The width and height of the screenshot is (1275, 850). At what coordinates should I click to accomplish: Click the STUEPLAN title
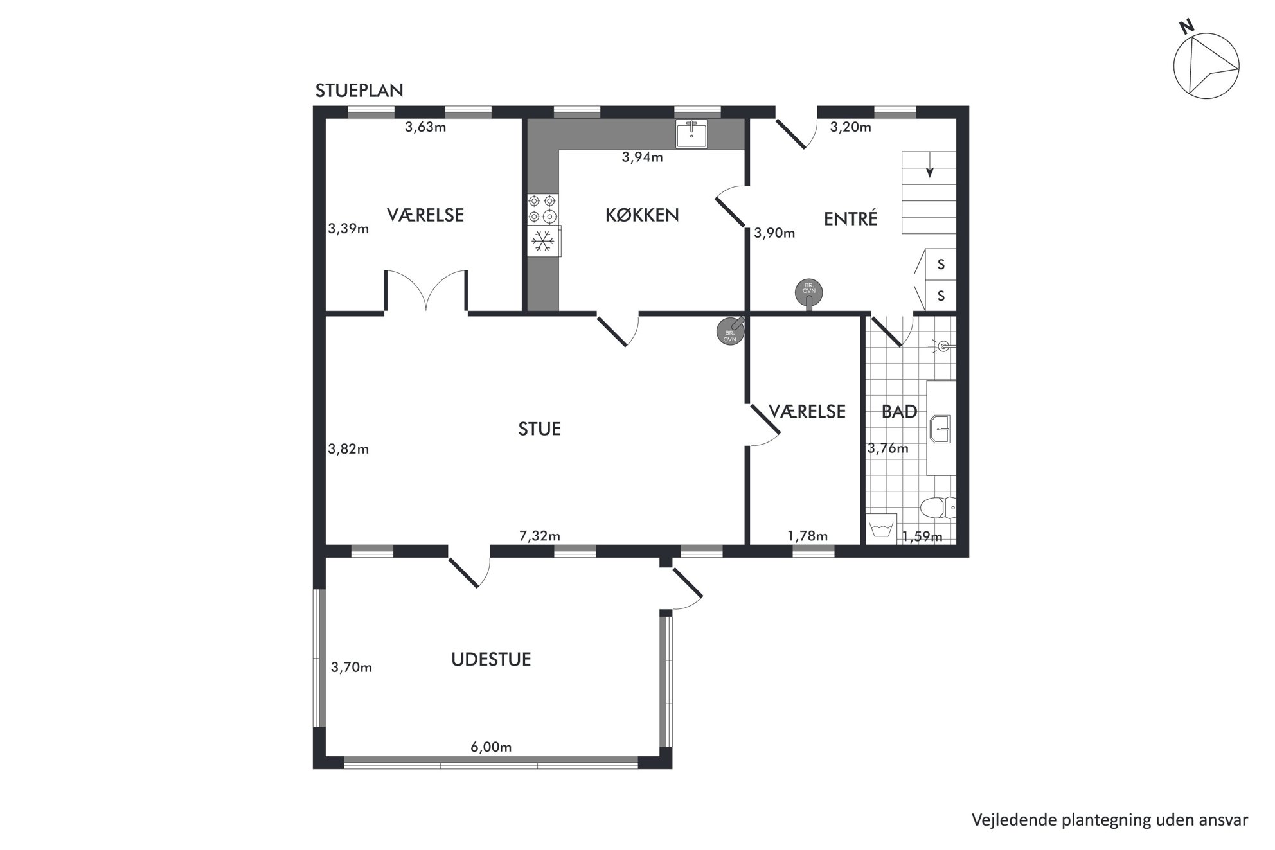click(359, 91)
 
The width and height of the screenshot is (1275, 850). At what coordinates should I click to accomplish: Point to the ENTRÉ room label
click(850, 218)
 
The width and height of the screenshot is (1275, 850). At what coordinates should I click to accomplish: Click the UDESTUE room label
click(491, 660)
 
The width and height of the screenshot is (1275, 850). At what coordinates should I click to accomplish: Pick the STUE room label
click(540, 429)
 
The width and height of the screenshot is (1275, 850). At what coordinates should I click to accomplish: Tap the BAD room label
click(899, 412)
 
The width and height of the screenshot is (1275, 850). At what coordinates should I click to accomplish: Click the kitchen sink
click(691, 134)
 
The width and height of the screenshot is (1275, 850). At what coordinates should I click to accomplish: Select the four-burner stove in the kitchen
click(542, 209)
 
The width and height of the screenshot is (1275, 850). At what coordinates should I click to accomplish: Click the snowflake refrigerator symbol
click(544, 242)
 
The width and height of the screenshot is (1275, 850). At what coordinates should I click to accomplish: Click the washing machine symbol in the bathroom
click(880, 529)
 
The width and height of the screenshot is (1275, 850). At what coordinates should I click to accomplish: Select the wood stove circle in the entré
click(809, 291)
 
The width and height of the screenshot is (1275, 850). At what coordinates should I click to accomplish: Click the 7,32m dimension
click(540, 535)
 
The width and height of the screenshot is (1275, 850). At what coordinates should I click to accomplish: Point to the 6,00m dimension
click(491, 747)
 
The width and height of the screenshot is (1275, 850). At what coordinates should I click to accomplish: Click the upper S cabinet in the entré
click(941, 264)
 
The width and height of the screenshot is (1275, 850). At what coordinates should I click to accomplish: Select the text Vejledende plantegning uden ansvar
click(1110, 820)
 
